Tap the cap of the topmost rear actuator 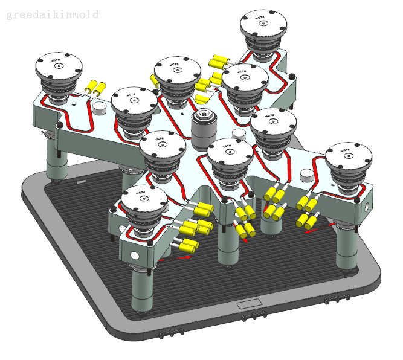click(x=263, y=24)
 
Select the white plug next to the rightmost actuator click(x=308, y=175)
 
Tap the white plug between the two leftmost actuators click(x=100, y=107)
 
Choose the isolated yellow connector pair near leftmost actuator click(x=95, y=88)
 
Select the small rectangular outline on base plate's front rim click(x=248, y=303)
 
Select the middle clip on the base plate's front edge click(x=253, y=317)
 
